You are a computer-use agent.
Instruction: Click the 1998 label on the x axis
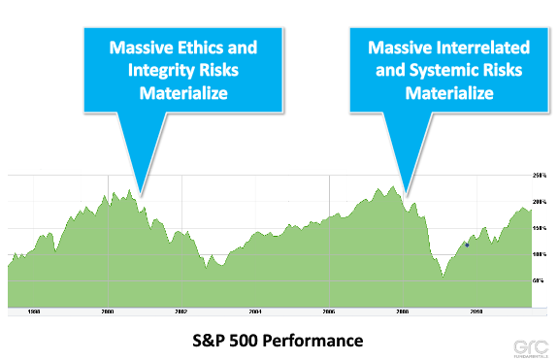[x=34, y=312]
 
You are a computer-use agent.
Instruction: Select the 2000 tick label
[x=108, y=312]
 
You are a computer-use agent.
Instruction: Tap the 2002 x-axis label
[x=181, y=312]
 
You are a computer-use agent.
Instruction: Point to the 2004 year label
[x=255, y=312]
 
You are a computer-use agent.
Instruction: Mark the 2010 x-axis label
[x=476, y=312]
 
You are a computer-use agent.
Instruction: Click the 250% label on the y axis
[x=540, y=176]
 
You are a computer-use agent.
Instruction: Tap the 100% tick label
[x=540, y=254]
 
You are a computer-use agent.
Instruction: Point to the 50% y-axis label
[x=542, y=279]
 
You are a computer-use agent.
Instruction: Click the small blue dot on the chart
[x=467, y=245]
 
